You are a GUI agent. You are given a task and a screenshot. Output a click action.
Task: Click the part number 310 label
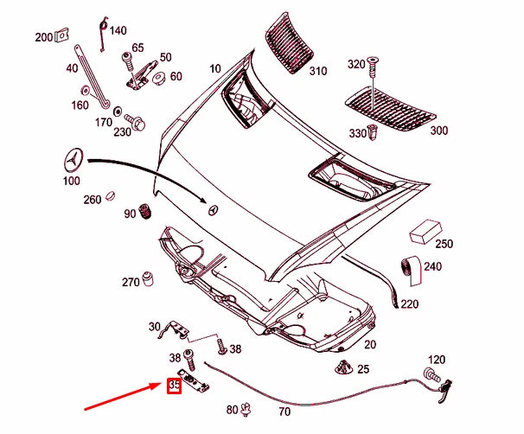click(317, 70)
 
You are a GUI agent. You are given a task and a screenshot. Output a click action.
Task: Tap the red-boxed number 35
click(174, 385)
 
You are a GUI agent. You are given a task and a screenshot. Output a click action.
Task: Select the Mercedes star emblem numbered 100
click(75, 160)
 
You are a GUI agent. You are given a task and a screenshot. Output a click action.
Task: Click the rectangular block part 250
click(423, 233)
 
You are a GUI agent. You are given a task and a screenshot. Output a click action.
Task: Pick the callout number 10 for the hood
click(214, 68)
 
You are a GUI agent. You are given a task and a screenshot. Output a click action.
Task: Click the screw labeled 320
click(372, 65)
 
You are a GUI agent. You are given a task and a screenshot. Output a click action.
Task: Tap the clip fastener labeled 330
click(373, 132)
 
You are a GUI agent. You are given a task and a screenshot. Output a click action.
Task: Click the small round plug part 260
click(112, 198)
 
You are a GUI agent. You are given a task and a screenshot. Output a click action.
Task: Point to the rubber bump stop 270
click(148, 279)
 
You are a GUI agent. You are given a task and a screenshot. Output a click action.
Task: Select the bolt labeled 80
click(246, 407)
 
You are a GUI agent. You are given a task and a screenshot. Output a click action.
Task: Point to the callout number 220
click(410, 304)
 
